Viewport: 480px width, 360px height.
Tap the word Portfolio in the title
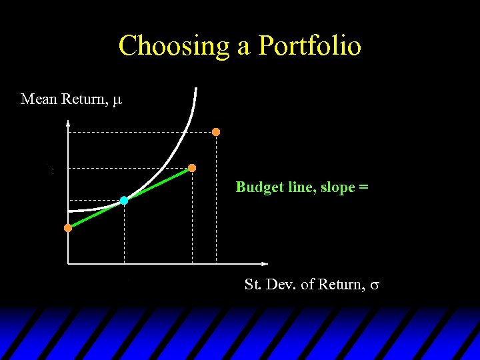[309, 46]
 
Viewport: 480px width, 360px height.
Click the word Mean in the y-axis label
[39, 99]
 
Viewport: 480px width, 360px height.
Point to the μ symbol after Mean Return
[117, 101]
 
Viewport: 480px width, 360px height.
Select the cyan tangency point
[124, 200]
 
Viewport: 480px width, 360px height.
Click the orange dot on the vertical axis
[68, 228]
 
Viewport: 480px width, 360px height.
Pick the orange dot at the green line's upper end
[192, 168]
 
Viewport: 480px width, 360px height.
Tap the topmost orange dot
[216, 132]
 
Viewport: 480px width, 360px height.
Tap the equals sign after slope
[363, 188]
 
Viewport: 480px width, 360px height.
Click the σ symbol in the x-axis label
[375, 286]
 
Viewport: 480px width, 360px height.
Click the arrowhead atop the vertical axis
[68, 122]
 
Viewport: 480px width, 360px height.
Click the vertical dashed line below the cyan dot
[124, 233]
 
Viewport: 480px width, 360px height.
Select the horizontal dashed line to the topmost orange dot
[140, 133]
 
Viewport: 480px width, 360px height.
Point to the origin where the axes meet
[68, 263]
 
